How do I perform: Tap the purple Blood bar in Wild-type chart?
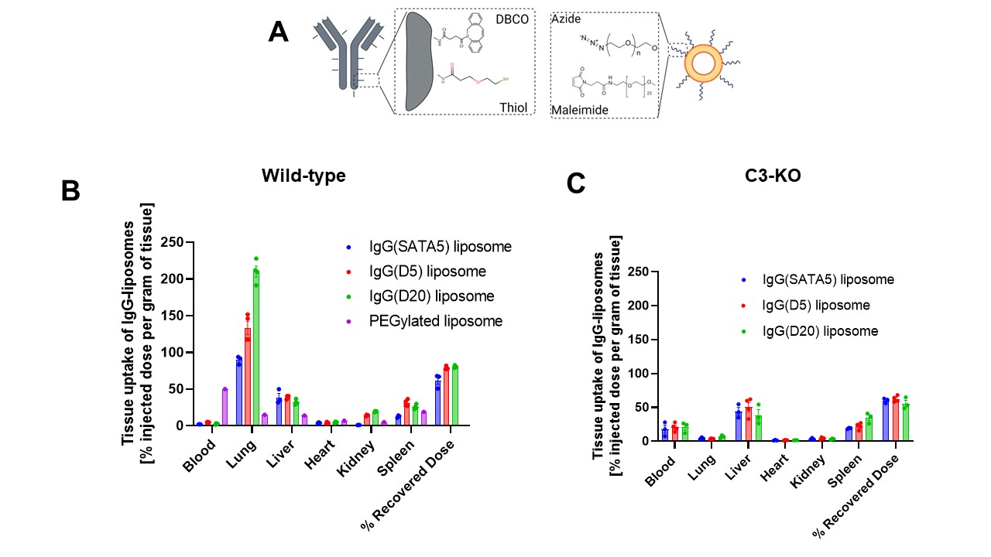click(x=225, y=407)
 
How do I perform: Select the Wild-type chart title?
click(x=303, y=176)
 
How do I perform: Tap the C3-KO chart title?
click(x=780, y=176)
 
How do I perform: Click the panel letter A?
click(x=278, y=32)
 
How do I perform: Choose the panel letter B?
click(x=70, y=191)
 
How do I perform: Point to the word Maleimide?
click(x=578, y=111)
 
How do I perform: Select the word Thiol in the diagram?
click(x=513, y=108)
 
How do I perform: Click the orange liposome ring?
click(x=705, y=63)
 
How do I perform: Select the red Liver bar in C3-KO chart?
click(x=747, y=424)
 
